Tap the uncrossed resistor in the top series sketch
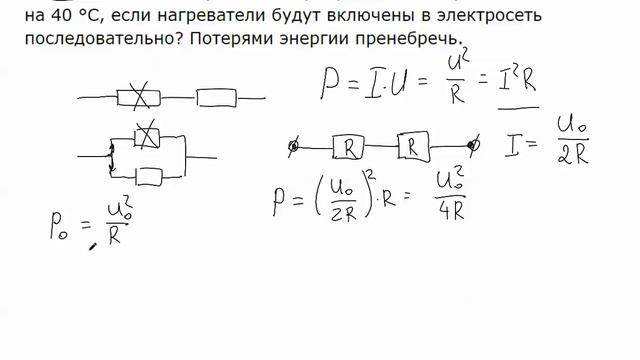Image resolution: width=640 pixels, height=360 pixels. [217, 98]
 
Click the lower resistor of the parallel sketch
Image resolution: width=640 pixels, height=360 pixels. [148, 177]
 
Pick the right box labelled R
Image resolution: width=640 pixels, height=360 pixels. [413, 146]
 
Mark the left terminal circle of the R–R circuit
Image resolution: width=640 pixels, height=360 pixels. [293, 147]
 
